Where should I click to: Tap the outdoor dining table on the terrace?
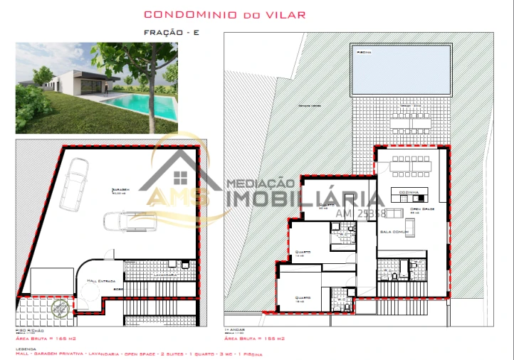(409, 121)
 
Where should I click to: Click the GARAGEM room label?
(120, 190)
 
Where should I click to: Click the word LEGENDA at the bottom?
(26, 349)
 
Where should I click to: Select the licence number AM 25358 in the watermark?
(361, 213)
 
